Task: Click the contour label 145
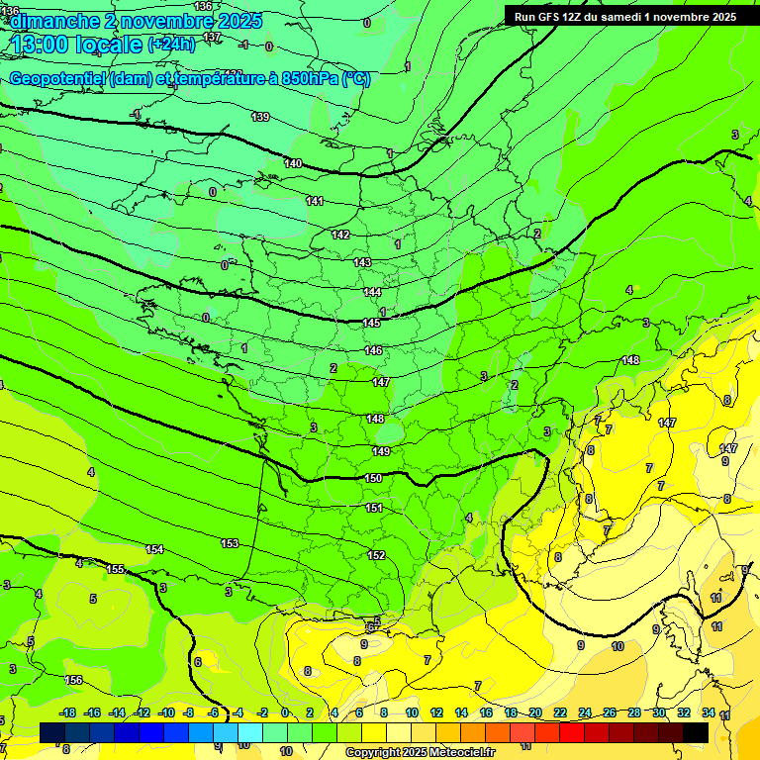coord(371,323)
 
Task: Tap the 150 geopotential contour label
coord(373,478)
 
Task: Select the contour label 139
coord(260,117)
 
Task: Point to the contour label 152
coord(376,555)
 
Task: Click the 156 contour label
coord(73,680)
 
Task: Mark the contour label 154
coord(154,549)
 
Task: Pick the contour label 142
coord(340,235)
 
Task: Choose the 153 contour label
coord(230,543)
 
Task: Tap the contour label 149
coord(381,451)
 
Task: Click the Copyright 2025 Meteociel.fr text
coord(420,752)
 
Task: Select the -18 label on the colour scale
coord(67,712)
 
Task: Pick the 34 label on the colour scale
coord(709,712)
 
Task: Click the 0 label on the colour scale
coord(285,712)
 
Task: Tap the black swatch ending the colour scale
coord(696,731)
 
